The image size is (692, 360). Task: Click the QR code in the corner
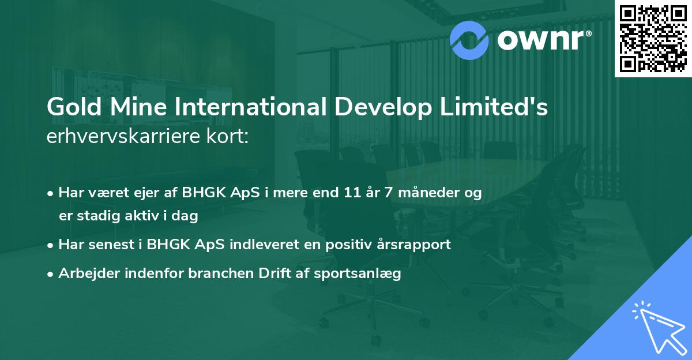point(653,38)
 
